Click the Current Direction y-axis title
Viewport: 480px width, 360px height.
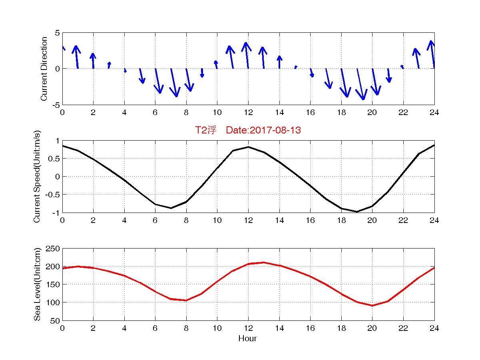(x=44, y=69)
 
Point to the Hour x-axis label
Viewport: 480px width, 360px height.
(x=248, y=338)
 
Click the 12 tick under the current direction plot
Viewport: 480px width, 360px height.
(x=248, y=112)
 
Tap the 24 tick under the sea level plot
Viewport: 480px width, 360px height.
(x=434, y=328)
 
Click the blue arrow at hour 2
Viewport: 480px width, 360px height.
(x=93, y=60)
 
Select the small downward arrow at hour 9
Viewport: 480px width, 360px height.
(x=202, y=73)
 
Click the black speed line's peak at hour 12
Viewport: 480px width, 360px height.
(x=248, y=147)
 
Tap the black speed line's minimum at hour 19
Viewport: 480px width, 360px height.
(x=357, y=212)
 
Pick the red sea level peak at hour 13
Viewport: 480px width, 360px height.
(x=264, y=263)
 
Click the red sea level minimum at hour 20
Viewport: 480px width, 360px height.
(x=372, y=305)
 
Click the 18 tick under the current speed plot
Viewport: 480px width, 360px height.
(x=341, y=220)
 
